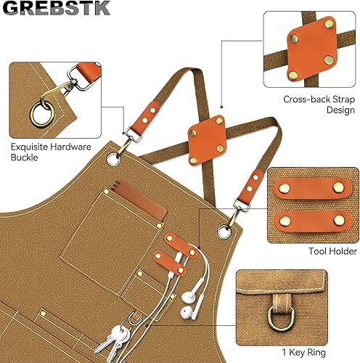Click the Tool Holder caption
(332, 251)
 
